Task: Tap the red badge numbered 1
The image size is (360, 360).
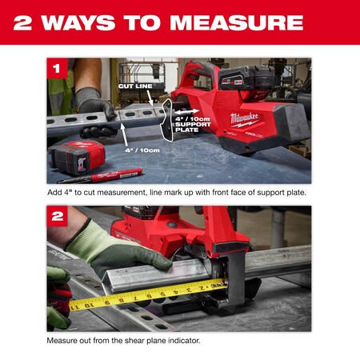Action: click(x=57, y=69)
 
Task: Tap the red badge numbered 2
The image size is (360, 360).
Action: click(x=57, y=216)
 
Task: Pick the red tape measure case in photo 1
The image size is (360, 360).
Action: click(x=77, y=158)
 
